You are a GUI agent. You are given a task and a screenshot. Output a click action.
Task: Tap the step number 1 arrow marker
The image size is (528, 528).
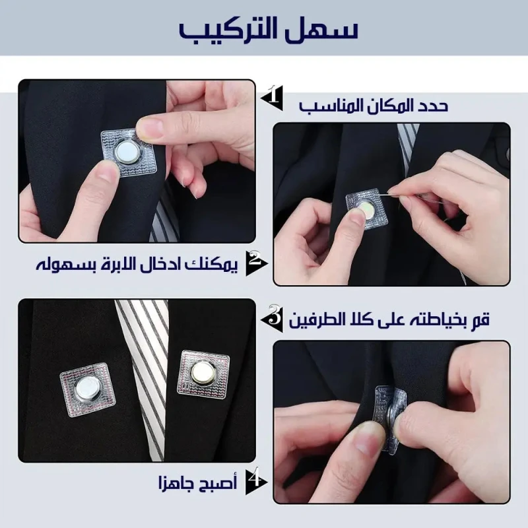pyautogui.click(x=273, y=98)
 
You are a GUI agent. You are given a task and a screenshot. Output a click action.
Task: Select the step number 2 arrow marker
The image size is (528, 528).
pyautogui.click(x=256, y=263)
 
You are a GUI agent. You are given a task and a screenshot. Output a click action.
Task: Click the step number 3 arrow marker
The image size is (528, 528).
pyautogui.click(x=272, y=319)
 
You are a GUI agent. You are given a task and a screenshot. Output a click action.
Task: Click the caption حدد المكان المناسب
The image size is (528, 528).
pyautogui.click(x=374, y=106)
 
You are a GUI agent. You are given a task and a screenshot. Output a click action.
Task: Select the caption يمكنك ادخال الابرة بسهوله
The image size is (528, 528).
pyautogui.click(x=137, y=263)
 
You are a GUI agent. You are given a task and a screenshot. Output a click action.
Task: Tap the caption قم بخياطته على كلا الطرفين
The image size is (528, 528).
pyautogui.click(x=389, y=319)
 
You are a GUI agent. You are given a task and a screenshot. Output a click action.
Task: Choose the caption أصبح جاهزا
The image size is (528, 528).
pyautogui.click(x=197, y=482)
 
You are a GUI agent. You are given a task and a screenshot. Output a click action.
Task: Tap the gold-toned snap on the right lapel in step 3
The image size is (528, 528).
pyautogui.click(x=203, y=372)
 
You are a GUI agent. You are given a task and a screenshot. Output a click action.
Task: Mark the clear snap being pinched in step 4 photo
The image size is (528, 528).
pyautogui.click(x=390, y=419)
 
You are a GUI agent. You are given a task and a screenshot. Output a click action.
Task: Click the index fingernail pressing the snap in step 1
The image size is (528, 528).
pyautogui.click(x=149, y=127)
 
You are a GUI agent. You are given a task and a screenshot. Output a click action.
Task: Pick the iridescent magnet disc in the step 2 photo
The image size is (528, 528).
pyautogui.click(x=365, y=209)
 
